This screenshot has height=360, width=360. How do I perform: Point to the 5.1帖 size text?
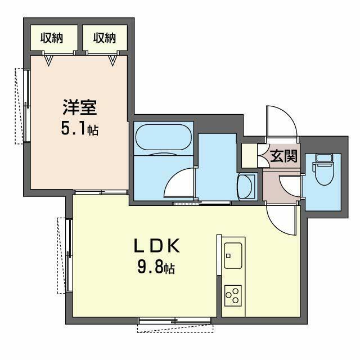point(80,130)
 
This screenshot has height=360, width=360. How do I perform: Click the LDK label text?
point(156,246)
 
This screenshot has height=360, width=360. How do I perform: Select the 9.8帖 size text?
point(156,268)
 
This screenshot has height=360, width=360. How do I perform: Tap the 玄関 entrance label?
point(283,156)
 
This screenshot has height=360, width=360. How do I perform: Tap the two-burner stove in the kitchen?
point(232,294)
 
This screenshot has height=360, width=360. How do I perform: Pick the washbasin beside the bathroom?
point(246,187)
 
